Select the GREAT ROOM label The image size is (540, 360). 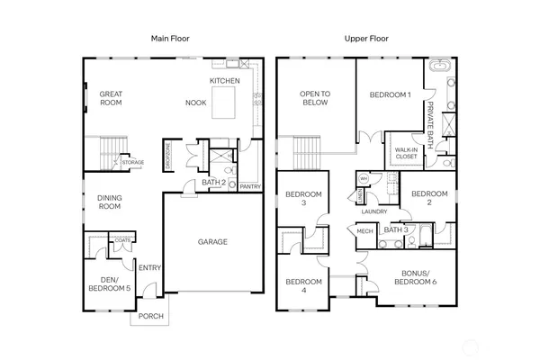click(111, 98)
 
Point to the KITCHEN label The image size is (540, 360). click(224, 81)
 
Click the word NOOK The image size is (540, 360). click(195, 103)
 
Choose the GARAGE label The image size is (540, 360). click(212, 241)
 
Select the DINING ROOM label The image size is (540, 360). click(109, 202)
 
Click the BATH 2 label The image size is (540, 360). click(212, 183)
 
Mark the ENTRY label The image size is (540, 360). click(148, 266)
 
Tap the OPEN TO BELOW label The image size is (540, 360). click(314, 98)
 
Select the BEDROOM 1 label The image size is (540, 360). click(390, 94)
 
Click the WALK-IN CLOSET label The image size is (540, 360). click(406, 152)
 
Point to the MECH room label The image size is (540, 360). click(364, 231)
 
